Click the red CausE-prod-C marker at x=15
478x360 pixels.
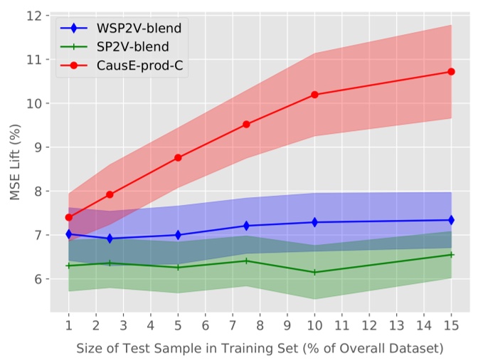click(x=451, y=72)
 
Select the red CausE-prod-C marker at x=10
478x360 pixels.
click(x=314, y=95)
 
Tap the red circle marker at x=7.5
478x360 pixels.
click(x=246, y=124)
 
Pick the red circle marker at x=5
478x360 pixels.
click(x=178, y=157)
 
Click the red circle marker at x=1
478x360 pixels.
click(x=69, y=217)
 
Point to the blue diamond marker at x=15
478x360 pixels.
click(x=451, y=221)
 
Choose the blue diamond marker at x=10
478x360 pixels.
click(x=314, y=222)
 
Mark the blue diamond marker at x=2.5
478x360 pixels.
click(x=110, y=238)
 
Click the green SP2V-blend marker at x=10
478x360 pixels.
click(x=314, y=272)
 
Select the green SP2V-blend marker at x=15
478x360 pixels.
click(x=451, y=255)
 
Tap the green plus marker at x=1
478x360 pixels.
click(x=69, y=265)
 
